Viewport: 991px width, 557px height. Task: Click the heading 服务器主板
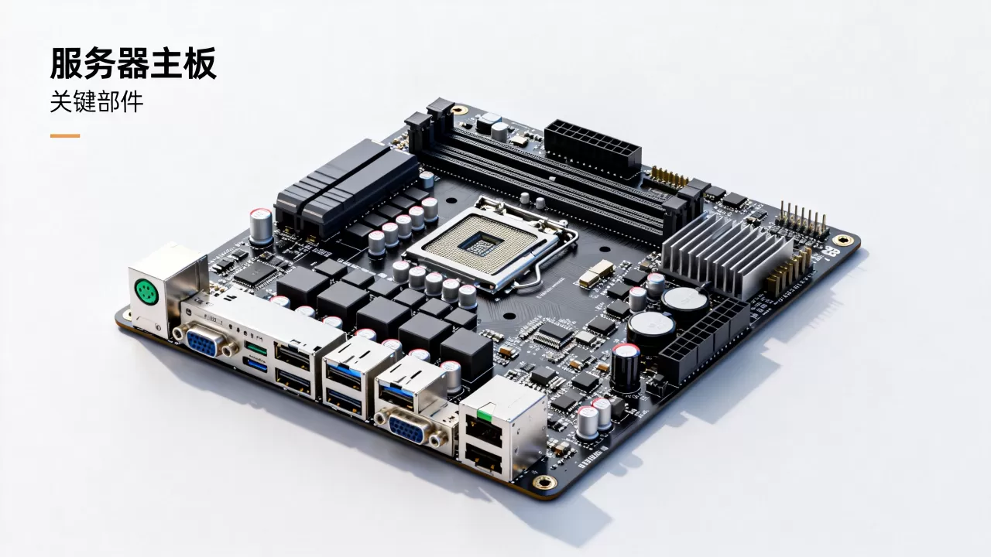133,63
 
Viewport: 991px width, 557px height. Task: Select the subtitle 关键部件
97,102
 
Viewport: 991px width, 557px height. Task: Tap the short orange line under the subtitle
65,135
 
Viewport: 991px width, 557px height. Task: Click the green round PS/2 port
146,292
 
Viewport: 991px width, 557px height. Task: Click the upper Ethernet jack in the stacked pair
485,429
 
